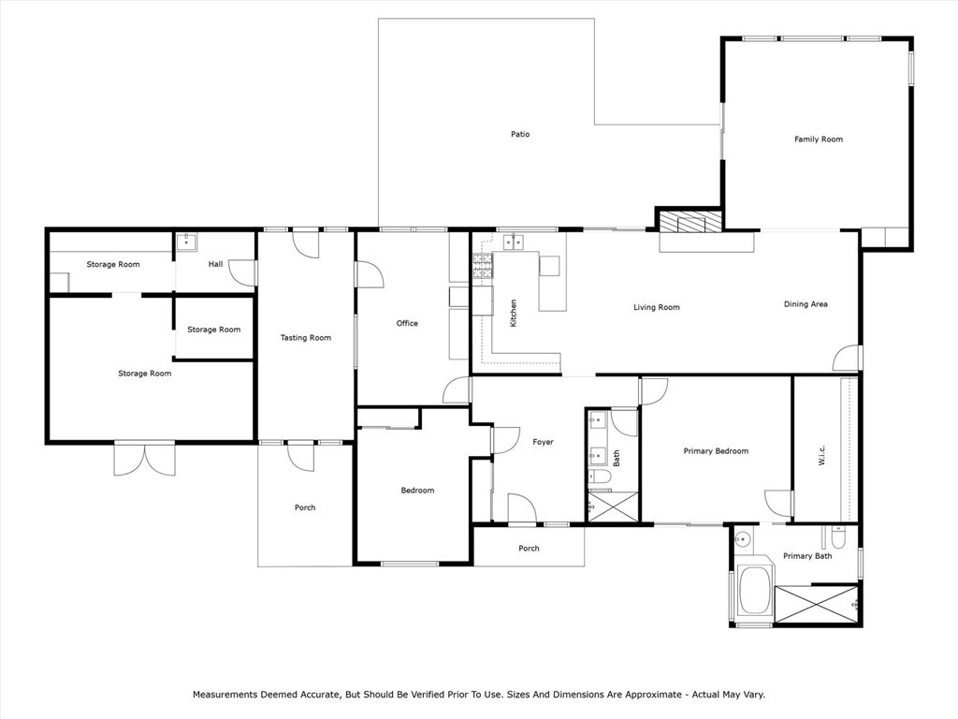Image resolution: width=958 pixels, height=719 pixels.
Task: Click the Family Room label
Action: coord(819,139)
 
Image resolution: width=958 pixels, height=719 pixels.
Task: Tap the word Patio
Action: coord(520,135)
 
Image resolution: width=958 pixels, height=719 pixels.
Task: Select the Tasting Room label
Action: coord(306,338)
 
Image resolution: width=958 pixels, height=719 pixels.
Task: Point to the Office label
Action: coord(407,324)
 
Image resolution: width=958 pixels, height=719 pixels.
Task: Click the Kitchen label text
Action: coord(513,313)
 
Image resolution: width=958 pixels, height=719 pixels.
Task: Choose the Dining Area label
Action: coord(806,304)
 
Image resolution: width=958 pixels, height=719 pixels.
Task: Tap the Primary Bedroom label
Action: coord(716,451)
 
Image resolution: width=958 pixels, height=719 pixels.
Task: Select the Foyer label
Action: coord(543,442)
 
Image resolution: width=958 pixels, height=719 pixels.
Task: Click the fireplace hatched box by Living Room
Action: coord(689,222)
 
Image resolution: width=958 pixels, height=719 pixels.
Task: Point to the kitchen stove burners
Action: coord(483,267)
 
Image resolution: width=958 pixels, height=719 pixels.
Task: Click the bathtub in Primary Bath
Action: coord(754,592)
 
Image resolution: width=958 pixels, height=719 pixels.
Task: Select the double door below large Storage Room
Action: coord(144,458)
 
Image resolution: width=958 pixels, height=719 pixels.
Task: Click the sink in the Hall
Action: coord(186,242)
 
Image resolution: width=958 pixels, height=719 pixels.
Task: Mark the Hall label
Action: coord(216,264)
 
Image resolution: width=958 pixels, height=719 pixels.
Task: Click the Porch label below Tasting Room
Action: coord(305,508)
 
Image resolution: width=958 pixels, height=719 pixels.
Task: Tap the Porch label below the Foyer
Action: coord(529,549)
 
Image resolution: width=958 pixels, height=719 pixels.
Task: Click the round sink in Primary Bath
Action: coord(743,539)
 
